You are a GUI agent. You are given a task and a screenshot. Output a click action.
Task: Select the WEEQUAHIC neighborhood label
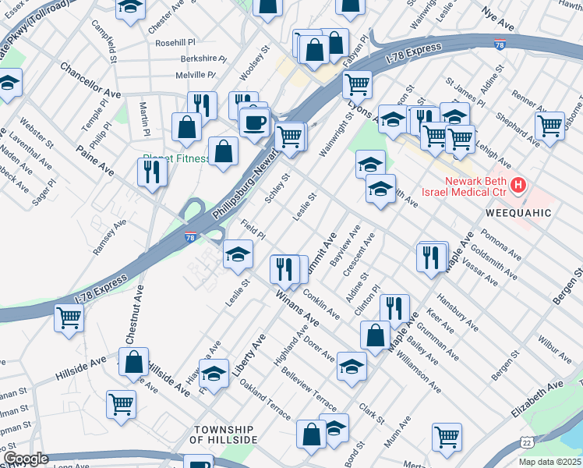(518, 212)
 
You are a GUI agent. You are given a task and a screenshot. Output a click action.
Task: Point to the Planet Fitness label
(176, 159)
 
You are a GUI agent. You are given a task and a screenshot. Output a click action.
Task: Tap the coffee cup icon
(255, 122)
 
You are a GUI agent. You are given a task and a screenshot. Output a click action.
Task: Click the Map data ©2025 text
(550, 462)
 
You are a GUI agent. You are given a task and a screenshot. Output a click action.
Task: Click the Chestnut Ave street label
(133, 314)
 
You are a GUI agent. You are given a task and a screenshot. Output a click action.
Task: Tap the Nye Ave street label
(500, 15)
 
